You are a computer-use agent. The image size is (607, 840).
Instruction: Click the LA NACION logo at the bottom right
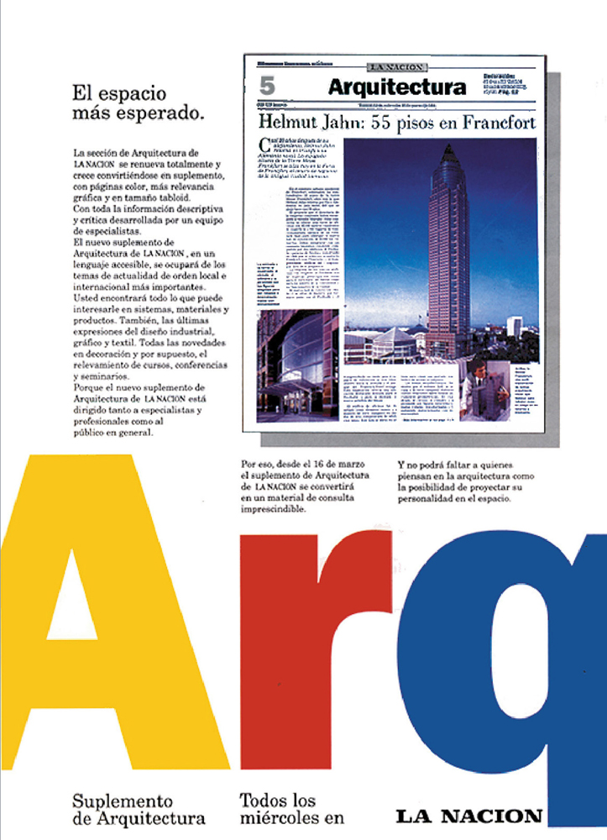coord(469,815)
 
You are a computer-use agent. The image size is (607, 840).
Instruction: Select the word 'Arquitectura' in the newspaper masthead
coord(396,87)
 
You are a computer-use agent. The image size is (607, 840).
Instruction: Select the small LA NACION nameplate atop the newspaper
coord(396,66)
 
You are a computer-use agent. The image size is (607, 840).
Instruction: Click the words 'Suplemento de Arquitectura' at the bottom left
coord(139,808)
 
